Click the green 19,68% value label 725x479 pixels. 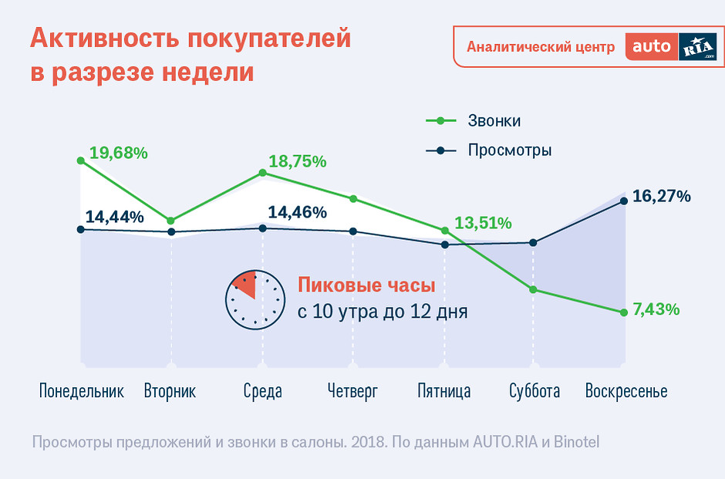tap(118, 153)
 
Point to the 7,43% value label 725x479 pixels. tap(656, 309)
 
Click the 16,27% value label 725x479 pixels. tap(661, 196)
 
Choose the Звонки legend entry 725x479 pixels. tap(494, 121)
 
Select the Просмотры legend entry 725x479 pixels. tap(509, 150)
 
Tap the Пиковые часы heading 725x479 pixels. tap(366, 285)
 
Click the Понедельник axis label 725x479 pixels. tap(81, 391)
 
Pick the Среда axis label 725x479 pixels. tap(262, 391)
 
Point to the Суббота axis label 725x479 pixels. tap(534, 391)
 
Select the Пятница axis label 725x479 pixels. tap(443, 391)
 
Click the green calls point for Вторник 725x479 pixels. tap(171, 221)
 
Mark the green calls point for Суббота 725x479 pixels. tap(533, 290)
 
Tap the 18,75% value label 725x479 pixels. tap(297, 162)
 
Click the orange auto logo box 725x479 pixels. tap(651, 47)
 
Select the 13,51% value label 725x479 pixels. tap(483, 224)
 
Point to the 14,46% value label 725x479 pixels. tap(297, 212)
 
